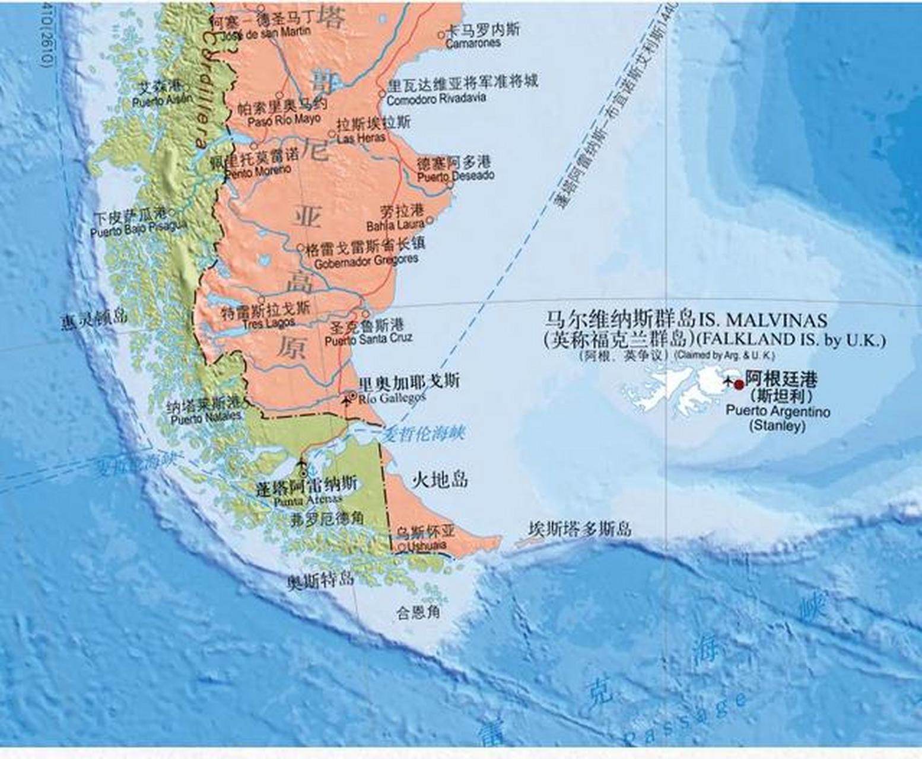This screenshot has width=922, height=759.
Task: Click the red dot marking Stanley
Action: point(739,384)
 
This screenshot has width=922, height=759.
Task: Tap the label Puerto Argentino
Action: point(778,411)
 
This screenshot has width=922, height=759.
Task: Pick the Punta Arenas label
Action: point(307,501)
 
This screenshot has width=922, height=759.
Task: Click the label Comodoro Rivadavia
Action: point(436,99)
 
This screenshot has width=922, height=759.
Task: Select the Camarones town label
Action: point(473,43)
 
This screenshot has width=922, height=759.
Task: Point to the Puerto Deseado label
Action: point(455,176)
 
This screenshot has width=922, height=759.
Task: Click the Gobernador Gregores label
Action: point(366,261)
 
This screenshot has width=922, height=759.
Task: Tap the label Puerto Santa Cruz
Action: point(368,339)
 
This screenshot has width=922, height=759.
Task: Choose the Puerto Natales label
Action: point(206,419)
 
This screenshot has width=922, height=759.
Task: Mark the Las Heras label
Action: point(361,138)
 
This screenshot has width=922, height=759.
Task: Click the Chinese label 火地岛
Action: point(440,479)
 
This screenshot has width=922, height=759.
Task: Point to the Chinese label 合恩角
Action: point(418,611)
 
